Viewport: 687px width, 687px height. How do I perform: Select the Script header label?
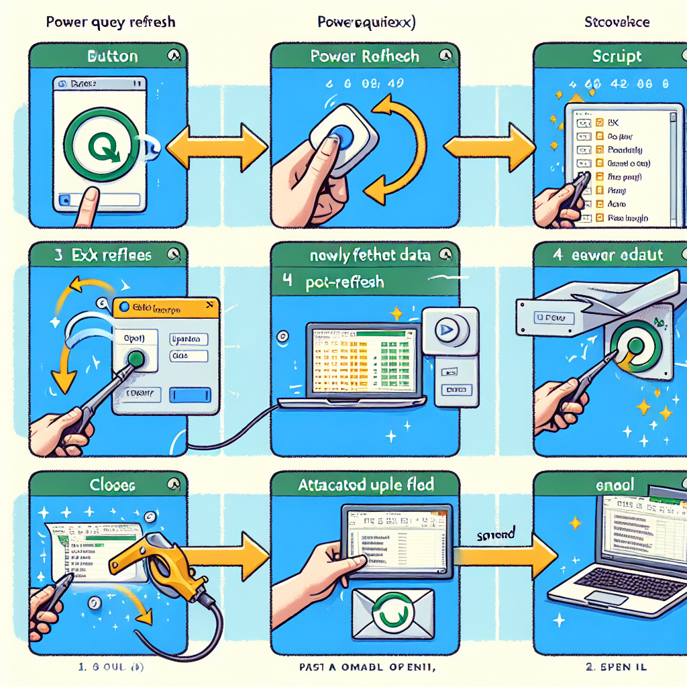pyautogui.click(x=617, y=56)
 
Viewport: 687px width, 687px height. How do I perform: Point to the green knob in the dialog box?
pyautogui.click(x=137, y=359)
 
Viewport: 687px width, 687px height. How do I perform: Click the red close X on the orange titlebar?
pyautogui.click(x=210, y=306)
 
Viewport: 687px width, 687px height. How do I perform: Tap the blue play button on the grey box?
pyautogui.click(x=445, y=329)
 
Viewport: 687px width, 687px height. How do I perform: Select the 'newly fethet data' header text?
pyautogui.click(x=365, y=256)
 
